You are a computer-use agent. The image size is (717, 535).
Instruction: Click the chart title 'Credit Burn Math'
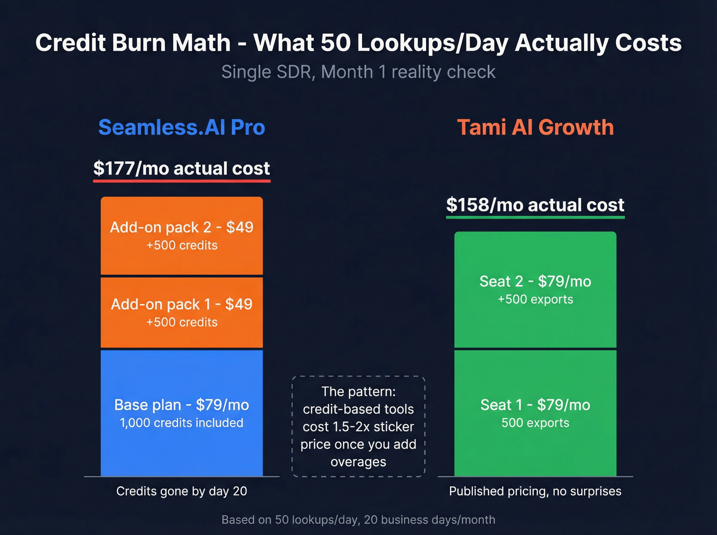pyautogui.click(x=133, y=42)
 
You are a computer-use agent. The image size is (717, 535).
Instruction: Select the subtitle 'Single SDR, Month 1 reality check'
pyautogui.click(x=358, y=72)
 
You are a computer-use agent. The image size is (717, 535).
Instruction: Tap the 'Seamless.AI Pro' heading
pyautogui.click(x=182, y=127)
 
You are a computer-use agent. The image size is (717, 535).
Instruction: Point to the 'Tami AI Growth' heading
pyautogui.click(x=535, y=127)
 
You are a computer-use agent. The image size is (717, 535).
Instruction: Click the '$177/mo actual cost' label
pyautogui.click(x=182, y=168)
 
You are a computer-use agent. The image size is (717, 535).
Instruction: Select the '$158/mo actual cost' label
pyautogui.click(x=535, y=205)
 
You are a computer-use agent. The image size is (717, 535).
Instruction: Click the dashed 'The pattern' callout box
pyautogui.click(x=358, y=426)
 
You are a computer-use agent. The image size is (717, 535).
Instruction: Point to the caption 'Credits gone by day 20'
pyautogui.click(x=182, y=491)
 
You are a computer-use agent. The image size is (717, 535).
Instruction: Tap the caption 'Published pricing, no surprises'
pyautogui.click(x=535, y=491)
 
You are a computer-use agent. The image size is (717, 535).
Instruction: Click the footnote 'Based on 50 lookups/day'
pyautogui.click(x=358, y=520)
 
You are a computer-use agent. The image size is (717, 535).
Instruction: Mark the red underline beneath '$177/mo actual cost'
pyautogui.click(x=182, y=180)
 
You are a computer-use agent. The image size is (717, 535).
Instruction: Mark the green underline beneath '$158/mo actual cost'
pyautogui.click(x=535, y=217)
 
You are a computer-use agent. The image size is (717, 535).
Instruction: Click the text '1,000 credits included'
pyautogui.click(x=182, y=423)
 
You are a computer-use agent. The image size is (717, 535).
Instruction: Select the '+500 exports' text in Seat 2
pyautogui.click(x=535, y=299)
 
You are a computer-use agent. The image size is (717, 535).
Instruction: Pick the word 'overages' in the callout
pyautogui.click(x=358, y=462)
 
